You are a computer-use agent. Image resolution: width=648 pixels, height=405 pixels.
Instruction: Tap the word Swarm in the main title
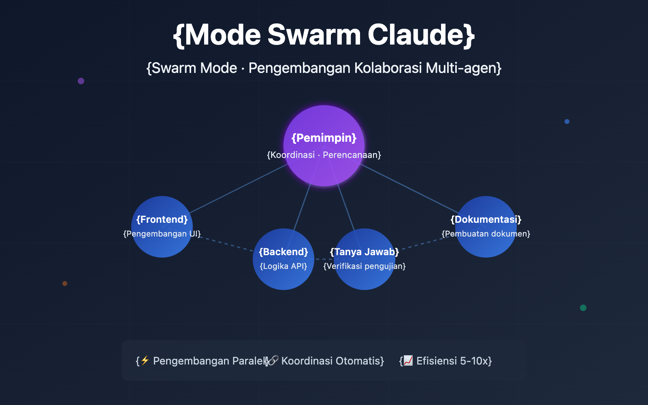point(314,35)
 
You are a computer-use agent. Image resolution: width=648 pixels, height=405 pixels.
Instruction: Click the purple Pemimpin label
point(324,138)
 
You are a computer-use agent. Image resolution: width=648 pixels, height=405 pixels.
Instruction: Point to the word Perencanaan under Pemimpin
point(351,155)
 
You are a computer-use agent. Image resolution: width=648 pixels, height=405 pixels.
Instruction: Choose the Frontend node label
point(162,220)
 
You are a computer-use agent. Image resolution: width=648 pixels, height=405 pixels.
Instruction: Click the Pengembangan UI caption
point(162,234)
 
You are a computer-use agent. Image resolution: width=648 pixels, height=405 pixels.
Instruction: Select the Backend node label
point(283,252)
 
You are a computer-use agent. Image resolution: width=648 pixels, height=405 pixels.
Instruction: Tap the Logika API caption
point(283,266)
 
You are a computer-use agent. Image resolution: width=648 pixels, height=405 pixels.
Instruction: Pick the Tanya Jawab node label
point(364,252)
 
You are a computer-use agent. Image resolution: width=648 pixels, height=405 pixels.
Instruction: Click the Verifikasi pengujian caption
point(364,266)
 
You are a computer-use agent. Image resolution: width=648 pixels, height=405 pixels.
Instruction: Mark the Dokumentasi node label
point(486,220)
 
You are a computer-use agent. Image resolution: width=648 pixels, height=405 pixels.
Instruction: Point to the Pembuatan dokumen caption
point(486,234)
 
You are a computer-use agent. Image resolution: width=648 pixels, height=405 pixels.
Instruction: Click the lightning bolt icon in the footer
point(145,360)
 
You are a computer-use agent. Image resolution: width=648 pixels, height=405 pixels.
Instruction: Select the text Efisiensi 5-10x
point(454,361)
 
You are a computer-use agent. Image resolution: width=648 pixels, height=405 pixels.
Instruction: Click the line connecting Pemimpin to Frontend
point(239,188)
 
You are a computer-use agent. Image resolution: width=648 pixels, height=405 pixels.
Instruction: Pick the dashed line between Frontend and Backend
point(227,244)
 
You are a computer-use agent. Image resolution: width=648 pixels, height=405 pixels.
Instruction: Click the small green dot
point(583,308)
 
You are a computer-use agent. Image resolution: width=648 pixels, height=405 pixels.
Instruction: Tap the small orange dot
point(65,283)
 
